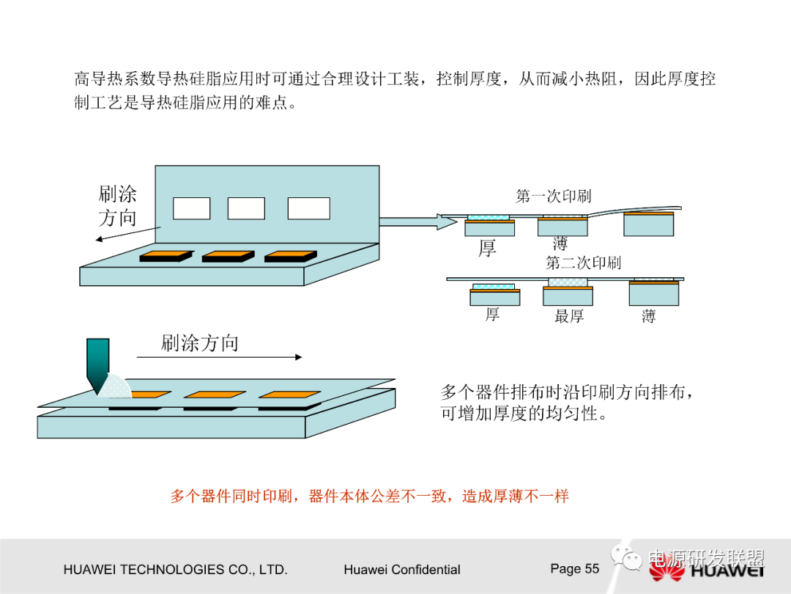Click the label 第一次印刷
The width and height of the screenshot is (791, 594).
point(553,196)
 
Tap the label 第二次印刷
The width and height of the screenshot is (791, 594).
point(584,263)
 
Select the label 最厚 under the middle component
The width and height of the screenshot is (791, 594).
point(569,317)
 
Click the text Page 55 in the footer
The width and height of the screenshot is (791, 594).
point(574,568)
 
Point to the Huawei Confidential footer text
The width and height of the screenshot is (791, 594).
point(401,570)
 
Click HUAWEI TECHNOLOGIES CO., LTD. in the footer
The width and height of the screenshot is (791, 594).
point(176,570)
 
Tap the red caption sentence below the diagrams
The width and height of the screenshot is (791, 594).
point(369,496)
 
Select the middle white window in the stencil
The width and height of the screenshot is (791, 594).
point(246,208)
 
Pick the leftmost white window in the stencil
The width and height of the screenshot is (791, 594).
point(191,208)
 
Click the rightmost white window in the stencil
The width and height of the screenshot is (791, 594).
point(308,208)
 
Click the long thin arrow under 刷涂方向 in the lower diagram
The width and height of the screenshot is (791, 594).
point(219,357)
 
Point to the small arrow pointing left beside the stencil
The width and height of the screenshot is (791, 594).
point(127,234)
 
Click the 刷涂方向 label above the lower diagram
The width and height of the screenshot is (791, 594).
point(199,342)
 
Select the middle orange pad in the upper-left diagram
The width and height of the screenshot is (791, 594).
point(228,256)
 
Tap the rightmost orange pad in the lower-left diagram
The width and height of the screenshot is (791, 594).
point(290,395)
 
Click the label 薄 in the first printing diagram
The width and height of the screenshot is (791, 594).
point(560,243)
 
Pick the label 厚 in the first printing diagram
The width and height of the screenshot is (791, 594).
point(487,249)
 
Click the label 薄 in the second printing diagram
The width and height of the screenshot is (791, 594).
point(648,317)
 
